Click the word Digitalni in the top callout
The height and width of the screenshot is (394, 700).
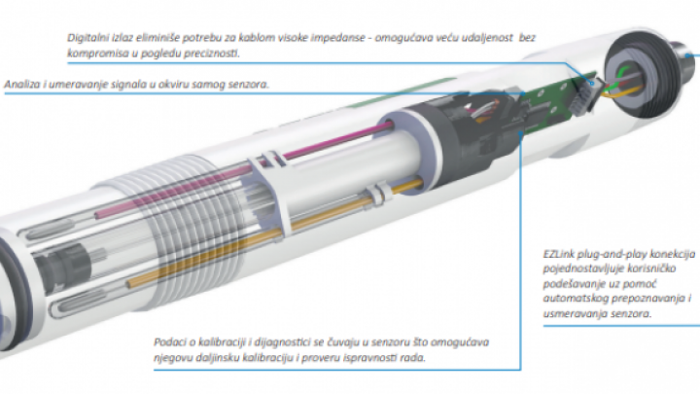tap(87, 38)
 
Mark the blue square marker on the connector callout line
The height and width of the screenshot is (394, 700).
tap(593, 83)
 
